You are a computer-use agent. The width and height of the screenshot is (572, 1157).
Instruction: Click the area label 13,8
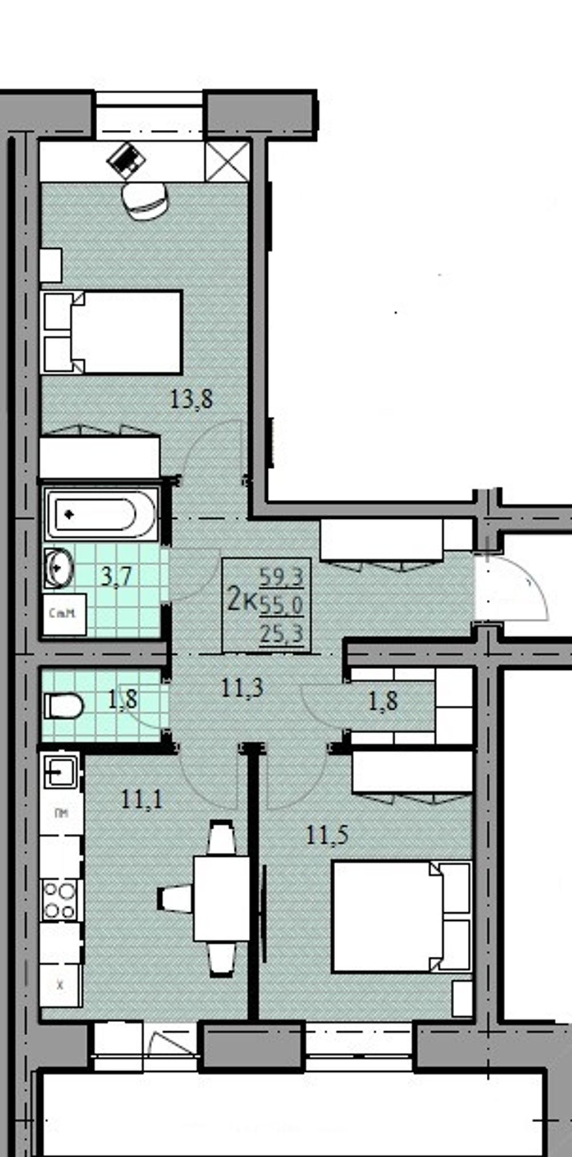[x=192, y=399]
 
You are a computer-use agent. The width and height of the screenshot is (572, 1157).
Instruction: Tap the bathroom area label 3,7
[x=117, y=576]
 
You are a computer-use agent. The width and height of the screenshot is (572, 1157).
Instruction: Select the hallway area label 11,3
[x=242, y=687]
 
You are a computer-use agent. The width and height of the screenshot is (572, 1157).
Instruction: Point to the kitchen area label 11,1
[x=142, y=799]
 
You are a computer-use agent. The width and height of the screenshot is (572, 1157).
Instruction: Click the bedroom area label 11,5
[x=327, y=836]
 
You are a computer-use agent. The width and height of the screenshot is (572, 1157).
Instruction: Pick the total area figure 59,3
[x=281, y=578]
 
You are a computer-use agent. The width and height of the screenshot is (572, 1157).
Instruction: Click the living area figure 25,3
[x=281, y=634]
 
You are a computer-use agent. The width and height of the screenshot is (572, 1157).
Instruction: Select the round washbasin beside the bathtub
[x=58, y=568]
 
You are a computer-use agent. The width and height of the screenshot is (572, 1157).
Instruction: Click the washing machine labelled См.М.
[x=64, y=614]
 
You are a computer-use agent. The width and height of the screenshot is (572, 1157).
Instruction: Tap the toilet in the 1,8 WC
[x=63, y=706]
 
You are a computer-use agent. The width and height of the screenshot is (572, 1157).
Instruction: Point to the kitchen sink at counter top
[x=61, y=772]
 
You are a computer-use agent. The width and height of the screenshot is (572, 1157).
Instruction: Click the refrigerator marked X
[x=61, y=985]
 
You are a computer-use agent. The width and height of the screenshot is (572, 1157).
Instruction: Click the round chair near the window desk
[x=145, y=200]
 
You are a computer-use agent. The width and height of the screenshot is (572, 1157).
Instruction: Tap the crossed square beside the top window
[x=227, y=161]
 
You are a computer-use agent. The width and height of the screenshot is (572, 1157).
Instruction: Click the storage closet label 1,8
[x=383, y=701]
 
